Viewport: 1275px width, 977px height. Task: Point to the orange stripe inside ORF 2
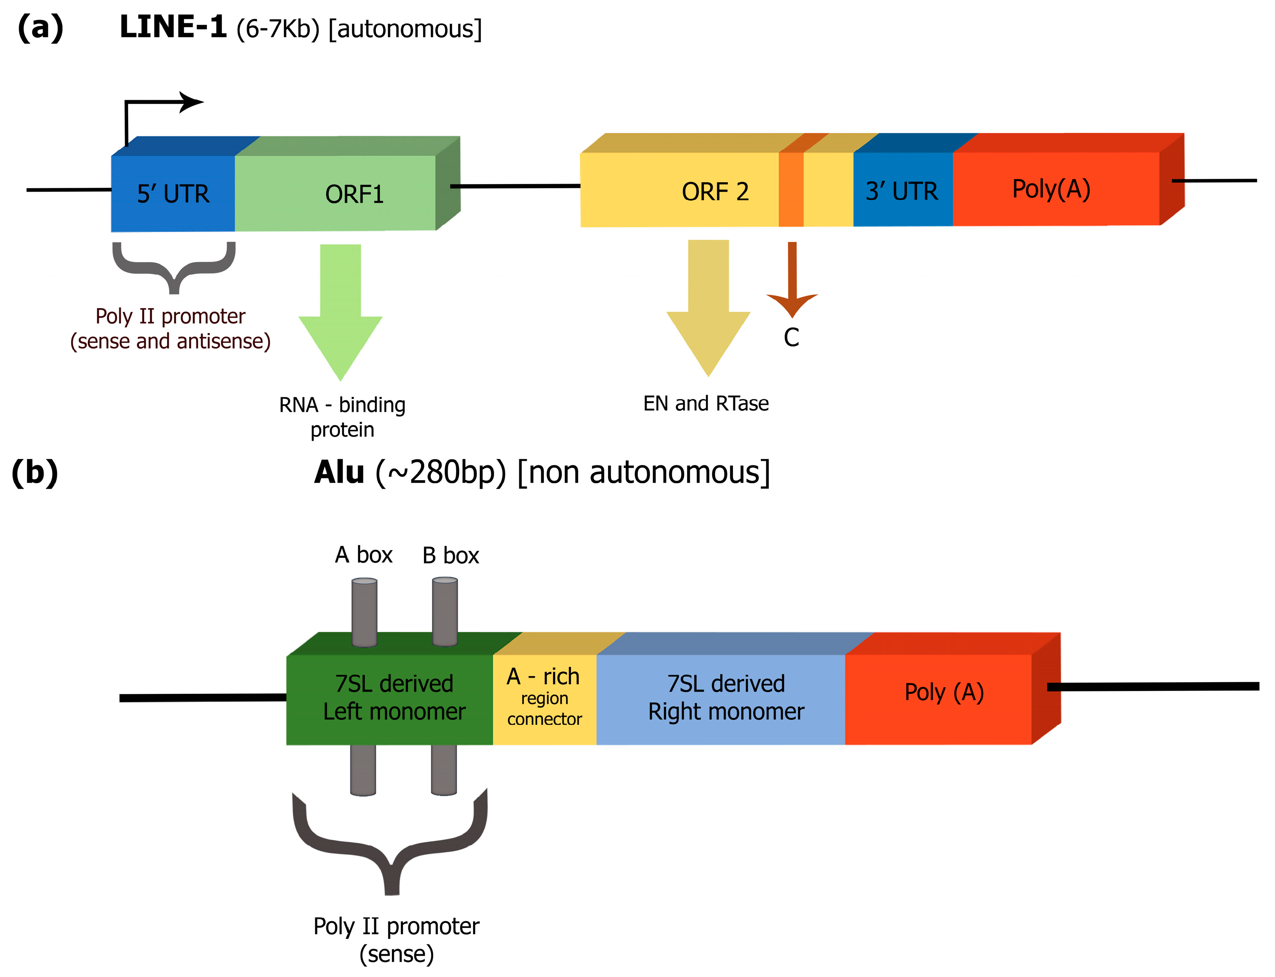tap(790, 189)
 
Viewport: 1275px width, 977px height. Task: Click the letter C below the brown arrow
tap(791, 337)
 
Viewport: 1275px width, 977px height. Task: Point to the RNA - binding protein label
tap(342, 417)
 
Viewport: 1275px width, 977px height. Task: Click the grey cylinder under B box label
tap(445, 611)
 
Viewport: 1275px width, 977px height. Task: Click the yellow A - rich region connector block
tap(545, 698)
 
